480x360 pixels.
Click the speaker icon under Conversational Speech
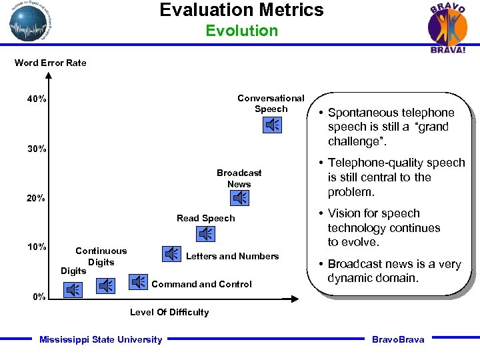coord(273,125)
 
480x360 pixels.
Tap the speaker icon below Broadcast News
coord(239,198)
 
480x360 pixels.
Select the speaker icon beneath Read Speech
coord(206,233)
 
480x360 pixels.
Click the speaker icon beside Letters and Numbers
coord(172,254)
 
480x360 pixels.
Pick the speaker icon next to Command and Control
coord(138,282)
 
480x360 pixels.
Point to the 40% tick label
coord(37,99)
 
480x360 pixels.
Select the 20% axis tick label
coord(37,198)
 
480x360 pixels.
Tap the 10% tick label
coord(37,247)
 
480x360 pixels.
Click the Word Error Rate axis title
coord(51,63)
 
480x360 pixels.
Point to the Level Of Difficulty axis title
coord(169,312)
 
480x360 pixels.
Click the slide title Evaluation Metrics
coord(241,10)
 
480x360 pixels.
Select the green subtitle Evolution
coord(241,31)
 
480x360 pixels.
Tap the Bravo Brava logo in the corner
coord(447,27)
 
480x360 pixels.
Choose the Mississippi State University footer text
coord(101,339)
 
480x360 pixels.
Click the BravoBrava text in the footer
coord(398,339)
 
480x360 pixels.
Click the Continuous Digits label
coord(101,256)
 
